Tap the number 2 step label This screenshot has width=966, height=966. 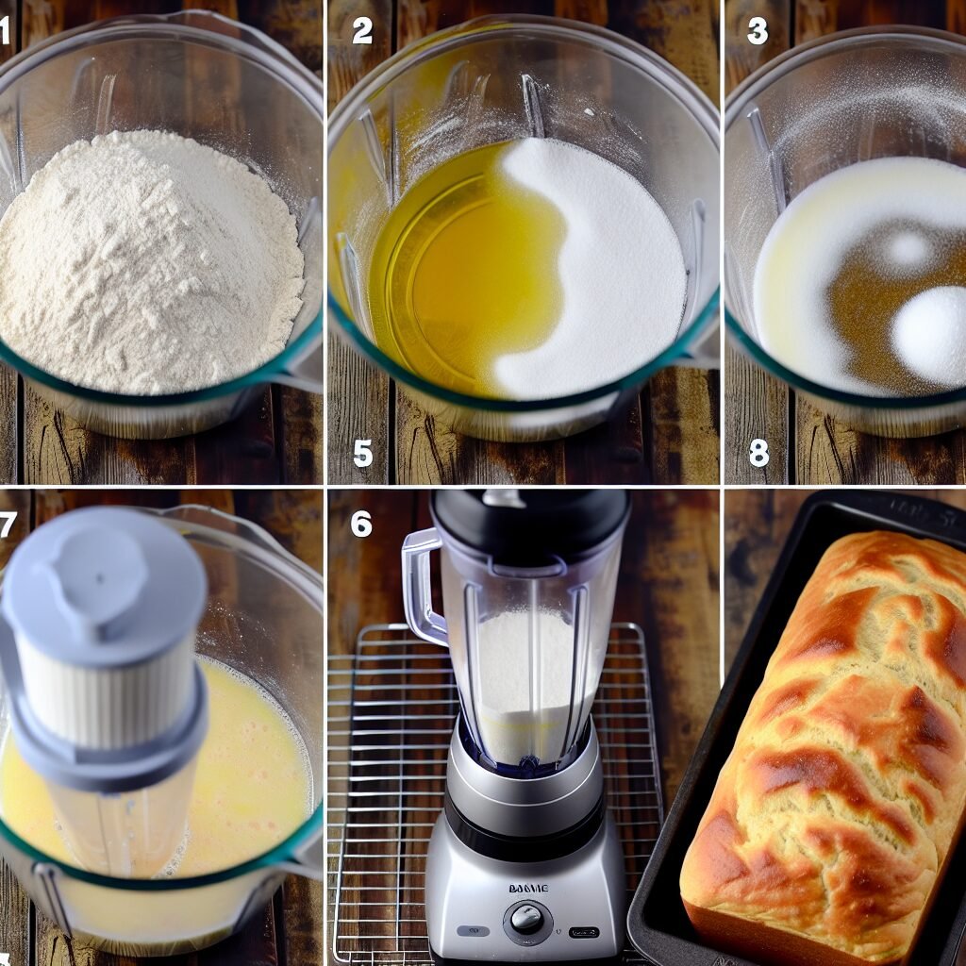coord(362,31)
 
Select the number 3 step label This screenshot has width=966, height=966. coord(758,31)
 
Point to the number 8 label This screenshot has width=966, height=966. coord(758,453)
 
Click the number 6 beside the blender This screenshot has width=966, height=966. coord(361,523)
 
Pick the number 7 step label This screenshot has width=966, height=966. coord(7,522)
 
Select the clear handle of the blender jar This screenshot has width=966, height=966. coord(421,585)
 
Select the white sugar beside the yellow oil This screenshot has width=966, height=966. coord(604,274)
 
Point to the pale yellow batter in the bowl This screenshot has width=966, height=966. coord(255,774)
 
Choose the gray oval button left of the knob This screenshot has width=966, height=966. coord(474,930)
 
